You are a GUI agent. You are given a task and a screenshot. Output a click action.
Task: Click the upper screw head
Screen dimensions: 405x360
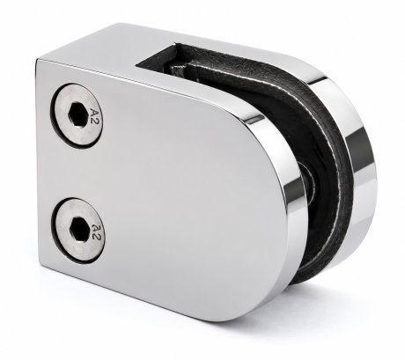[77, 114]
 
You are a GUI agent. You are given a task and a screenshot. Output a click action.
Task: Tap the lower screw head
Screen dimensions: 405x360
[78, 226]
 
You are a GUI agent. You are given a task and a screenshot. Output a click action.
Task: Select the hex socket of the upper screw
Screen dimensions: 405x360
[77, 114]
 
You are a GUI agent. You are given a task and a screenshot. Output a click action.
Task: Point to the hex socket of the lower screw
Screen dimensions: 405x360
[78, 226]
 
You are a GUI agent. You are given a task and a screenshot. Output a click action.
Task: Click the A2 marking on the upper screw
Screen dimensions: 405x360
[93, 116]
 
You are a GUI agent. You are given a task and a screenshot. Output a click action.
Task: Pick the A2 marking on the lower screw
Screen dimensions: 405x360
[95, 232]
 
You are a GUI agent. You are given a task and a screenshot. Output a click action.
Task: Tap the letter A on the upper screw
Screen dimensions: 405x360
[93, 112]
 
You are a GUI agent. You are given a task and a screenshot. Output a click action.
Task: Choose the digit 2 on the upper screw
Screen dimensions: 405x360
[94, 121]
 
